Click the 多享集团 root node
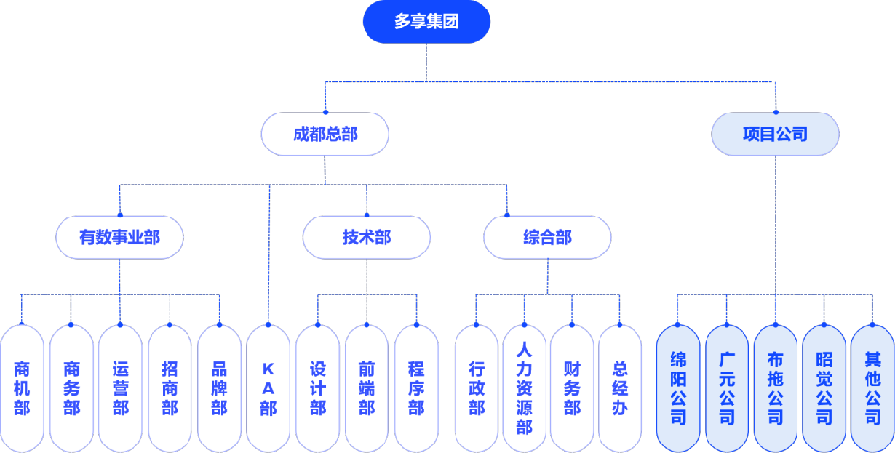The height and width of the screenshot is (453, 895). tap(426, 22)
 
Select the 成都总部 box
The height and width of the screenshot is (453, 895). tap(325, 134)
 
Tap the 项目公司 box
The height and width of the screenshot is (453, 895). tap(775, 134)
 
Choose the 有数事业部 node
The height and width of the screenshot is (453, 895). tap(120, 237)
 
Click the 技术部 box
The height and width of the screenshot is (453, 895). tap(366, 237)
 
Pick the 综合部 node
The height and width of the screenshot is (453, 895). tap(547, 237)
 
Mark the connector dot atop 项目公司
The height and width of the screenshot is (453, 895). tap(776, 112)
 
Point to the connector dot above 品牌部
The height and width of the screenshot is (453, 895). tap(219, 324)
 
